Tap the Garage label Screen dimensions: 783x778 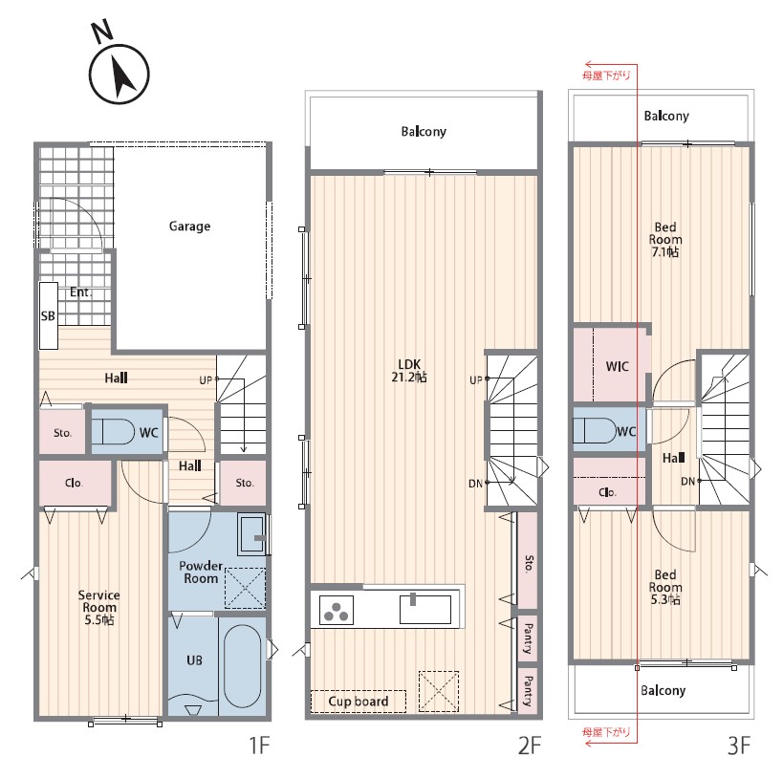click(189, 227)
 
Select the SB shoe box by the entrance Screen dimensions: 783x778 click(49, 315)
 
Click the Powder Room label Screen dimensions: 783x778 click(201, 573)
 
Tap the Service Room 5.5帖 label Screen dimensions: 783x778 click(98, 607)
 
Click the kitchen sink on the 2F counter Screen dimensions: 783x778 click(425, 609)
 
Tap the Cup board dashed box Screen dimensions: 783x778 click(359, 702)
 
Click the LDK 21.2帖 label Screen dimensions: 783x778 click(409, 371)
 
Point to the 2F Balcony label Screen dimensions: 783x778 click(424, 131)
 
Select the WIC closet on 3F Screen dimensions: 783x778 click(612, 365)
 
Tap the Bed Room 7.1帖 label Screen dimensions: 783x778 click(665, 240)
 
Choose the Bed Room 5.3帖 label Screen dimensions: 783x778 click(665, 587)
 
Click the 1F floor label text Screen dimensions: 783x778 click(259, 746)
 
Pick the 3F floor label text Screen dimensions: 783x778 click(739, 746)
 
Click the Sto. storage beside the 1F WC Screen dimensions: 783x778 click(62, 432)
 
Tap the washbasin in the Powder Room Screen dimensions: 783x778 click(251, 534)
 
